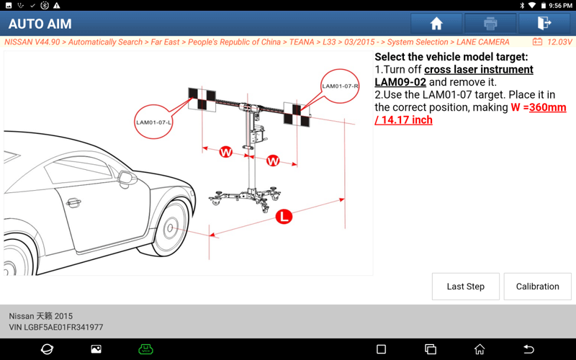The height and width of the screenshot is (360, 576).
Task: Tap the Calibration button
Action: pos(537,287)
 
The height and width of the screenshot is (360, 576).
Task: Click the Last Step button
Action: pos(465,287)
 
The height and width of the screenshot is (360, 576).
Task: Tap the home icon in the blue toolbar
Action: pos(436,24)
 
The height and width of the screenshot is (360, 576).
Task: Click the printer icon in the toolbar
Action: pos(490,24)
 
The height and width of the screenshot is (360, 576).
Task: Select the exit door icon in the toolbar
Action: pos(544,23)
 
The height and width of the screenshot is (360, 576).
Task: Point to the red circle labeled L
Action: pos(284,217)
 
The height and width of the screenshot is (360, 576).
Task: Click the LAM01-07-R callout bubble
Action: pos(340,86)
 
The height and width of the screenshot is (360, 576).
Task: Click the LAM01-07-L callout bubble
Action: pos(153,122)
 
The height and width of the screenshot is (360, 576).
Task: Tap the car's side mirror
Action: pos(127,179)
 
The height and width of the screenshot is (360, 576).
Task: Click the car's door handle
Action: pos(73,202)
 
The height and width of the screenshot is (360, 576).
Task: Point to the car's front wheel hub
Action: pos(170,228)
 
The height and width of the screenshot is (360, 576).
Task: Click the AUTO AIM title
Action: pos(40,24)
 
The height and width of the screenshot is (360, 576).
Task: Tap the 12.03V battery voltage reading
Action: pos(559,42)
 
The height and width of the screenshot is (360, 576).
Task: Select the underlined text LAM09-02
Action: pos(400,82)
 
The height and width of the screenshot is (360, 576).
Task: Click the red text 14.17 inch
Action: pos(407,120)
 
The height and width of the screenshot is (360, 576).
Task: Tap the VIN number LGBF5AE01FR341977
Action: pos(63,327)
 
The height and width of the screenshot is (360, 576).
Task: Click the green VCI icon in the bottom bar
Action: pos(145,349)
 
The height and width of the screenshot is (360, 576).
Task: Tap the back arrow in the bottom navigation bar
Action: pos(528,349)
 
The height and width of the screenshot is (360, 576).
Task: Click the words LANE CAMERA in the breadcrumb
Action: pos(482,42)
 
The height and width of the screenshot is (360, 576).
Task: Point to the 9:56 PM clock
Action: pos(561,6)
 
